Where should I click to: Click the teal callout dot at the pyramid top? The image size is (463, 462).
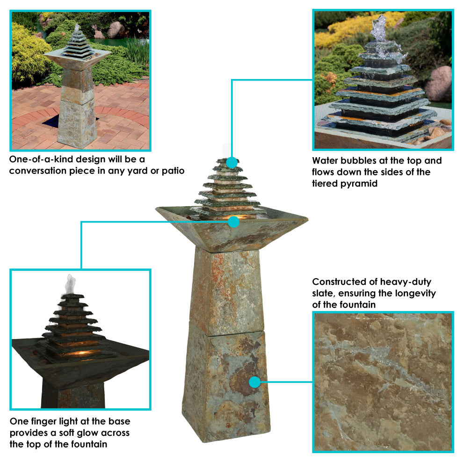coord(232,162)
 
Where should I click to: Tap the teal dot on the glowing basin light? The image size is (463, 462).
coord(233,222)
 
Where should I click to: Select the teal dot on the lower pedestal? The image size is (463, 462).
coord(254,382)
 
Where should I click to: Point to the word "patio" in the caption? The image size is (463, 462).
coord(173,171)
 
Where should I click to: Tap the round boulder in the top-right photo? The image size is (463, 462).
coord(438,83)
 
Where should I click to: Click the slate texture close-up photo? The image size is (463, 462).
coord(383,382)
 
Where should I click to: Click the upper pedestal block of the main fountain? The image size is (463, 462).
coord(227,291)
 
